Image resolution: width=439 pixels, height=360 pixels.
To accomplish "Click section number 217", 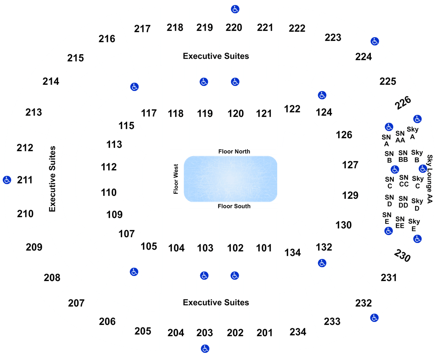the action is click(142, 28).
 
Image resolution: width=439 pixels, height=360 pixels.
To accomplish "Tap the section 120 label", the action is click(235, 114).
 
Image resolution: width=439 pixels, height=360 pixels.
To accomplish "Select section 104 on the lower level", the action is click(176, 248).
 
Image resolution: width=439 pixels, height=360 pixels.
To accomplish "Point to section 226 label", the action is click(403, 103).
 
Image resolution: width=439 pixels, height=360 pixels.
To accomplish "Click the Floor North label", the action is click(234, 152).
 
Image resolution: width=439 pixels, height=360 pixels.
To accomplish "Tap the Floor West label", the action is click(176, 179).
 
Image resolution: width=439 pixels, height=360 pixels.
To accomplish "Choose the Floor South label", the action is click(234, 206).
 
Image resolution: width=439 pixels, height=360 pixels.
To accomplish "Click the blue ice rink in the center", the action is click(230, 179).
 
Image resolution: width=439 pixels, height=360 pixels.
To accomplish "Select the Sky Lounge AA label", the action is click(430, 179).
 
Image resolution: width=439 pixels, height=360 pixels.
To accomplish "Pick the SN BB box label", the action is click(403, 156).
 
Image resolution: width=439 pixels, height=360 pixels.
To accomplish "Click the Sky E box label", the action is click(414, 225).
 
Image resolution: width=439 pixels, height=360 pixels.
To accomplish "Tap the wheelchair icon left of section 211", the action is click(7, 180).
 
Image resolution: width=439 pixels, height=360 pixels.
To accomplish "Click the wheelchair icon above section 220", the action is click(235, 9).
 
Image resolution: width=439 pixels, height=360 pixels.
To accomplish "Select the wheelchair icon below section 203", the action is click(205, 349).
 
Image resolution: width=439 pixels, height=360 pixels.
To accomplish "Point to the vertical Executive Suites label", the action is click(52, 179).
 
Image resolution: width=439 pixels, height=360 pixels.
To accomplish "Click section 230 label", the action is click(402, 256).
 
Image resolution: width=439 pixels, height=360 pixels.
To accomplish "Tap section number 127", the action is click(350, 165).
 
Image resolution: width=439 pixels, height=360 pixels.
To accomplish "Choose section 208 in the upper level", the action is click(52, 277).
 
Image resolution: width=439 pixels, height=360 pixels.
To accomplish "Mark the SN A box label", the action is click(386, 140).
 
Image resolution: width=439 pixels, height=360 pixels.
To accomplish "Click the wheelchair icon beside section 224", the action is click(375, 41).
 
